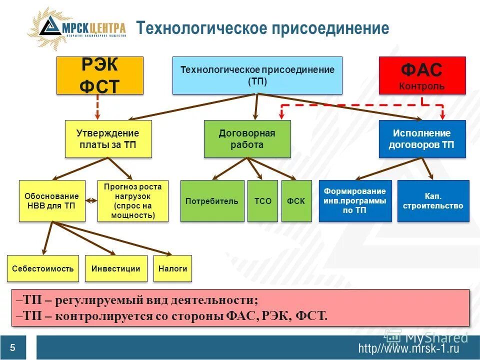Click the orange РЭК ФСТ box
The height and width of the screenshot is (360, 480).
tap(99, 75)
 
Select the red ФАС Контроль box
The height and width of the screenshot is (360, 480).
tap(421, 75)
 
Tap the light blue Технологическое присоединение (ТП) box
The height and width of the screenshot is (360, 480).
tap(257, 75)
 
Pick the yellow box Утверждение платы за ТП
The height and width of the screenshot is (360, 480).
tap(107, 139)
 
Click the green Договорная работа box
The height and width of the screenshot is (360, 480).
tap(247, 139)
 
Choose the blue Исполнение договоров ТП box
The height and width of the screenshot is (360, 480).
tap(421, 139)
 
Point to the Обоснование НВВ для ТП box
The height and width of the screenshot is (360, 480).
tap(51, 201)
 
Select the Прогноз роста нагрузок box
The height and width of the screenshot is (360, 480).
tap(133, 201)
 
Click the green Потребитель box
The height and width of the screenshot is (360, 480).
tap(212, 201)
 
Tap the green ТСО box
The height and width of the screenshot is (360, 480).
tap(262, 201)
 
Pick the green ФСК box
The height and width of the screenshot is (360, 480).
tap(296, 201)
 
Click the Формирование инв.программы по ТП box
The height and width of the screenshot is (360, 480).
tap(355, 201)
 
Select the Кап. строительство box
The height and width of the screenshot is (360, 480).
tap(433, 201)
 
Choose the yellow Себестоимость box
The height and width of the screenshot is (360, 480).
tap(43, 268)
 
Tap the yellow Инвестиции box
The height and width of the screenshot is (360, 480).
tap(116, 268)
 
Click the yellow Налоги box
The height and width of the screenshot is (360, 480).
tap(172, 268)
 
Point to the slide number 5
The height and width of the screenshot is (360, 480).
tap(12, 348)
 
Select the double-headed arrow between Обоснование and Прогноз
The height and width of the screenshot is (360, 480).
tap(91, 201)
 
